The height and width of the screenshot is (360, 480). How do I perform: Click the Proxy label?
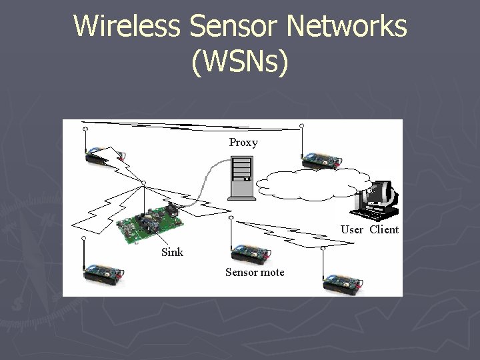(243, 142)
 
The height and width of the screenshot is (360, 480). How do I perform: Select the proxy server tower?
(241, 177)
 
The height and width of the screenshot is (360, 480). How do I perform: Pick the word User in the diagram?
(352, 229)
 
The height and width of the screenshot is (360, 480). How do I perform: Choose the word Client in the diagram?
(384, 229)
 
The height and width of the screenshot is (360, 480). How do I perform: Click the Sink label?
(172, 251)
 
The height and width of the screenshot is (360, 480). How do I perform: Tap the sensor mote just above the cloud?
(323, 160)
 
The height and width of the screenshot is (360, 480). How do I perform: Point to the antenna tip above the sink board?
(143, 181)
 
